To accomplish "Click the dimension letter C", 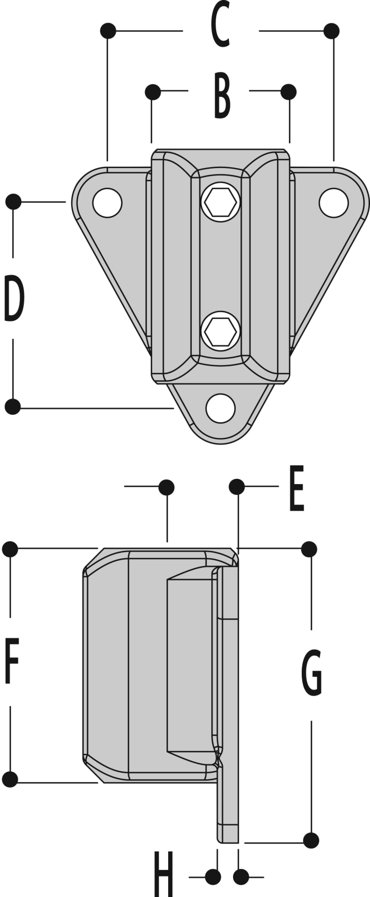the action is tap(220, 24).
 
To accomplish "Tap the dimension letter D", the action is tap(14, 298).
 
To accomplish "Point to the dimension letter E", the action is tap(297, 488).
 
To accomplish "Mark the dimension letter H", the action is tap(163, 874).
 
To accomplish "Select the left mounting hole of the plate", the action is tap(107, 203).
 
